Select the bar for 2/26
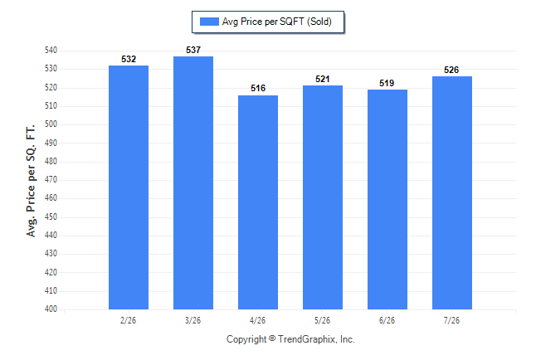tap(129, 187)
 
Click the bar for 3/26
tap(193, 183)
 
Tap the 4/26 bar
tap(258, 202)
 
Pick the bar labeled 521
tap(323, 197)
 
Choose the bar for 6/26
tap(387, 199)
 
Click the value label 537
tap(193, 50)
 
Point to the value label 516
tap(258, 88)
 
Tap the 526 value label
tap(451, 70)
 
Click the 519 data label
tap(387, 83)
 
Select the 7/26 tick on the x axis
tap(451, 320)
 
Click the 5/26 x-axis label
tap(323, 320)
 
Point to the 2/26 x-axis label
tap(128, 320)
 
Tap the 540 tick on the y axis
tap(51, 51)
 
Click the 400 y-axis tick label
tap(51, 309)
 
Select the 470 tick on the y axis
tap(51, 179)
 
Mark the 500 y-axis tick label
tap(51, 124)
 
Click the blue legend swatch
tap(209, 22)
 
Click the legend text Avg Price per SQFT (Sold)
tap(277, 22)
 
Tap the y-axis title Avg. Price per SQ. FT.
tap(31, 181)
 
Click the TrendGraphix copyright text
tap(290, 339)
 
